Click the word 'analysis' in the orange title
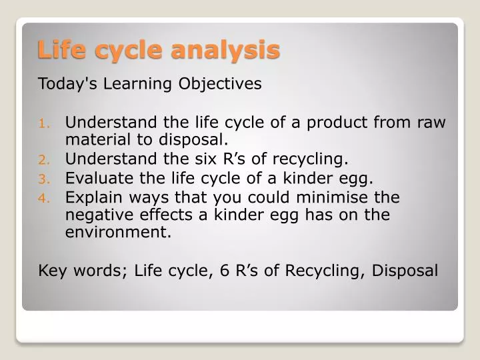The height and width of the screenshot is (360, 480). (x=225, y=50)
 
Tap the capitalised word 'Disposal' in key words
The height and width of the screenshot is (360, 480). (x=405, y=271)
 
